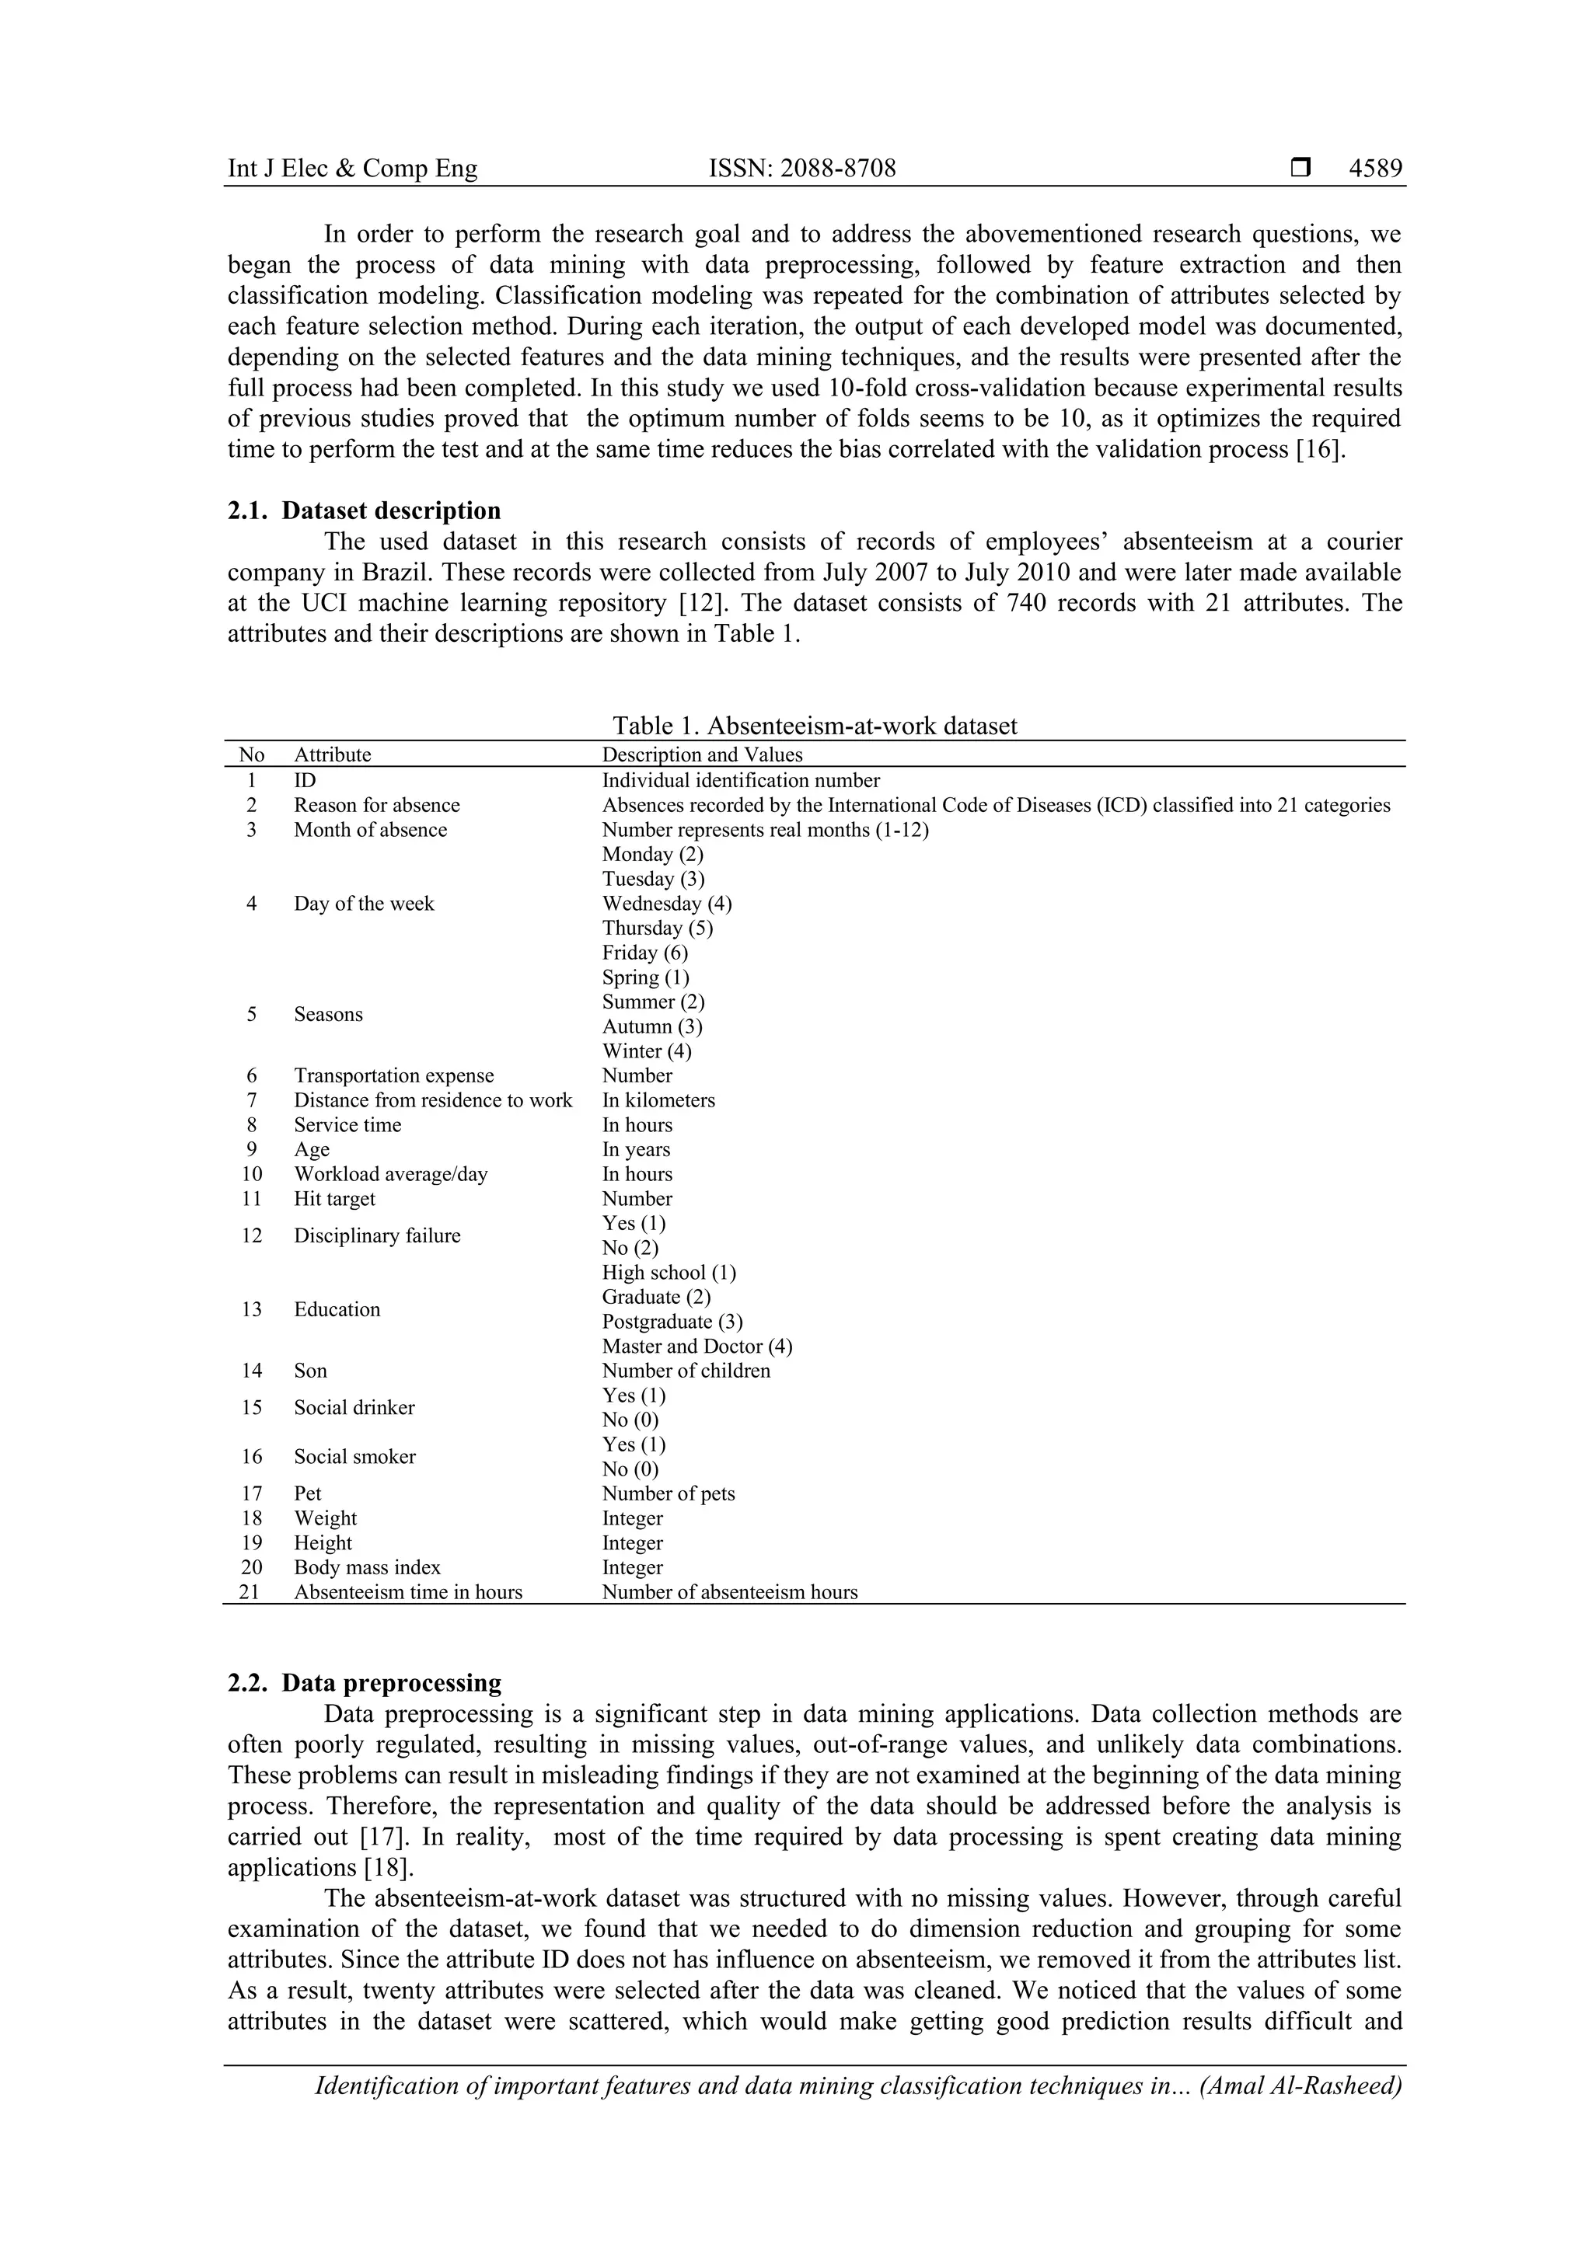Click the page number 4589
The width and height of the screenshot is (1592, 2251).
1375,169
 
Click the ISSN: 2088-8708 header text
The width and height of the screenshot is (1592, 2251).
801,169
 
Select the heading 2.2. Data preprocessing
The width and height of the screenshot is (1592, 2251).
364,1683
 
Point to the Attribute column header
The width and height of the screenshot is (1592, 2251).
333,755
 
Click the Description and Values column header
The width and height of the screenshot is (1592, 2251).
701,755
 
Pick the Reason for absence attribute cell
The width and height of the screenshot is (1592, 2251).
377,805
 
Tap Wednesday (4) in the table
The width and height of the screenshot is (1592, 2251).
666,904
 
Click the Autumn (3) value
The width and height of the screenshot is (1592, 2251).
651,1026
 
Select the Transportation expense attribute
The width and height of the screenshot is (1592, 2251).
393,1075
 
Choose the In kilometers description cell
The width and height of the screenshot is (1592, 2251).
658,1100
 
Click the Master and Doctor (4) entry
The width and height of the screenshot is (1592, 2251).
696,1346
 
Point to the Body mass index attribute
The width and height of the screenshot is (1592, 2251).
367,1568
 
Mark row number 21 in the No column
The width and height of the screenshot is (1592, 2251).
250,1592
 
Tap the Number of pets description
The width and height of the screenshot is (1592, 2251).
668,1493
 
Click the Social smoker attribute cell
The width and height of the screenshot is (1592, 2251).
354,1457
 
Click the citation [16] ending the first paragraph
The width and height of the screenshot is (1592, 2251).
1314,450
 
